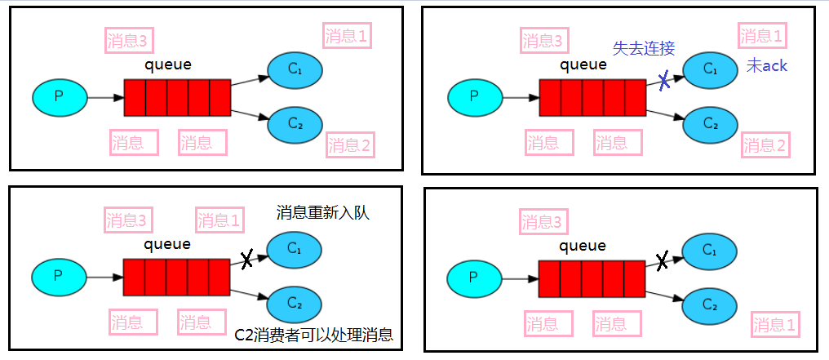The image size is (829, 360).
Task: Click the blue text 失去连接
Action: coord(644,48)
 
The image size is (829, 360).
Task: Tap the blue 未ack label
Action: coord(767,66)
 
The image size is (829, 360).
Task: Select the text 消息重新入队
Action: coord(323,213)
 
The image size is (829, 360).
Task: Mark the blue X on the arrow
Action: coord(665,80)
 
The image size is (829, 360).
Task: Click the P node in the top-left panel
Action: coord(59,97)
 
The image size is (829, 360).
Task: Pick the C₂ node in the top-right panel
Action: coord(710,124)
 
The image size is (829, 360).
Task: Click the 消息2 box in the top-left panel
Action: coord(350,145)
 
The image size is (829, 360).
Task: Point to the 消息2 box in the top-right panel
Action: coord(765,146)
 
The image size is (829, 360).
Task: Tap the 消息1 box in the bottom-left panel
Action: coord(219,220)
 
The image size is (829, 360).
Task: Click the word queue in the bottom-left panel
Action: coord(167,243)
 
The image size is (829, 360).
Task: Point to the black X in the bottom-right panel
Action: coord(663,261)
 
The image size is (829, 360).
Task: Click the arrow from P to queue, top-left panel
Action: coord(104,98)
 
